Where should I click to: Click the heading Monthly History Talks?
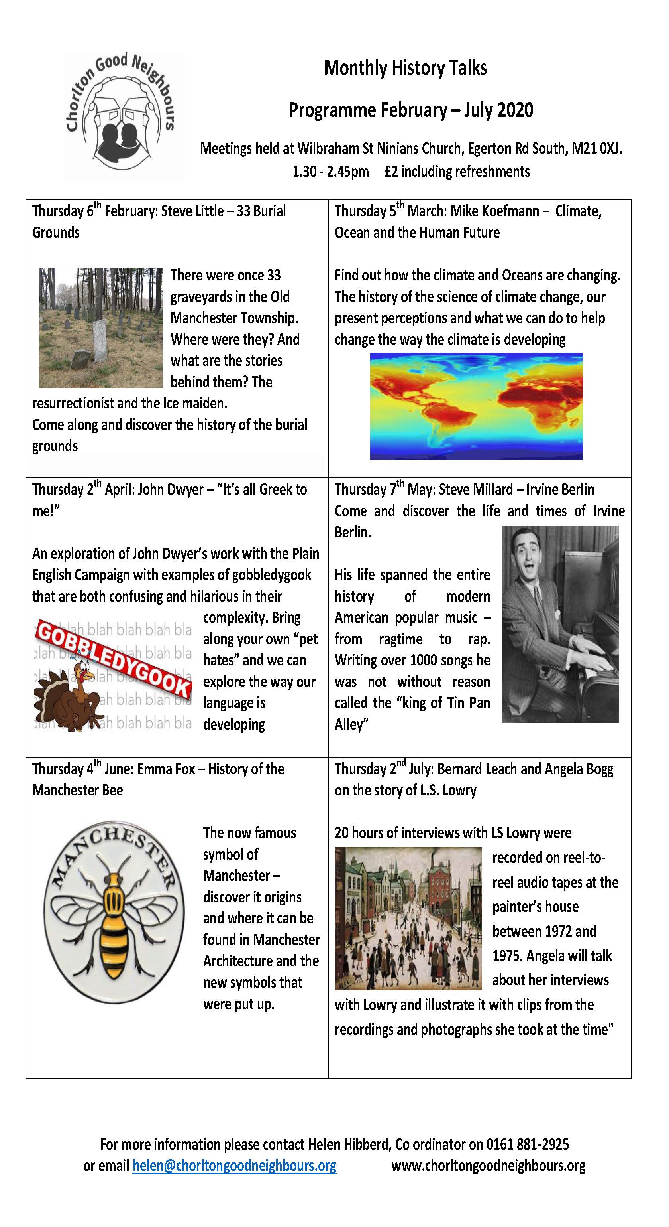(x=405, y=68)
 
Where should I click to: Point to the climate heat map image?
(x=476, y=406)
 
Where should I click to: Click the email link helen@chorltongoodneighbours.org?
(x=234, y=1166)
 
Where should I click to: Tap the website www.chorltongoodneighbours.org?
(x=488, y=1166)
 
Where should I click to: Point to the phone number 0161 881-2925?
(x=527, y=1144)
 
